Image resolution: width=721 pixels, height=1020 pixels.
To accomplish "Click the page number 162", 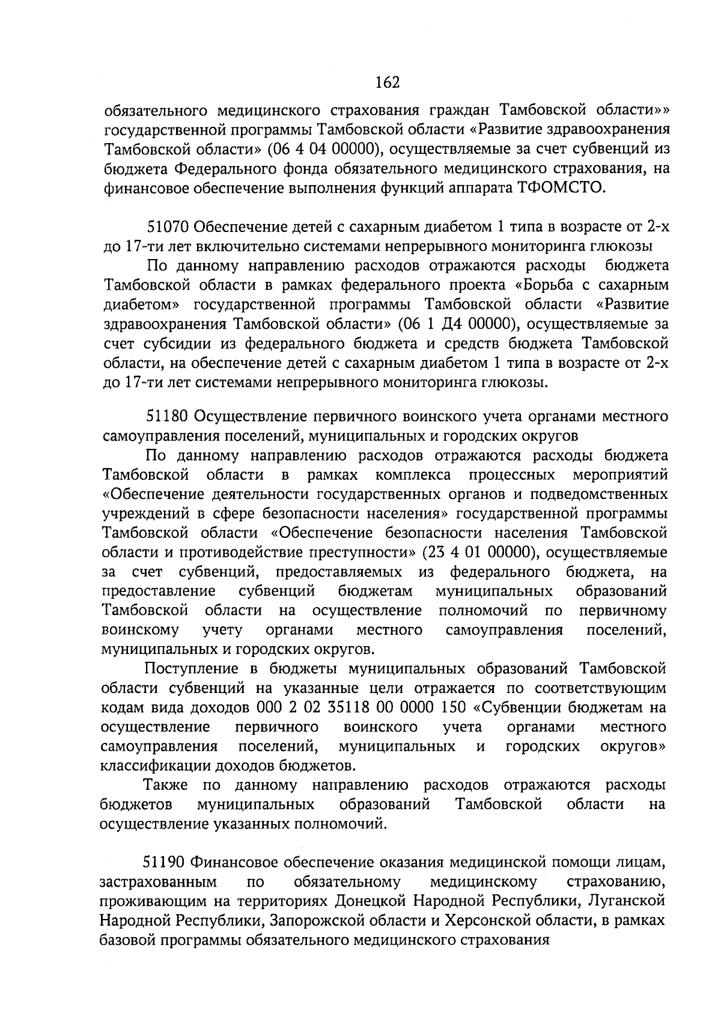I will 388,82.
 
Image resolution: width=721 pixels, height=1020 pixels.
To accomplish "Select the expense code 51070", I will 169,227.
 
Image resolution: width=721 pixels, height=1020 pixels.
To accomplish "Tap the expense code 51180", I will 168,416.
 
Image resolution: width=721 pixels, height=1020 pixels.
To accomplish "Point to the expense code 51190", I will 166,863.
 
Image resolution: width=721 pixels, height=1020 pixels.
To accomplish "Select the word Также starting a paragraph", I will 166,785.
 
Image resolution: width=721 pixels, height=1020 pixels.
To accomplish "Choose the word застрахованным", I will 159,882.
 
